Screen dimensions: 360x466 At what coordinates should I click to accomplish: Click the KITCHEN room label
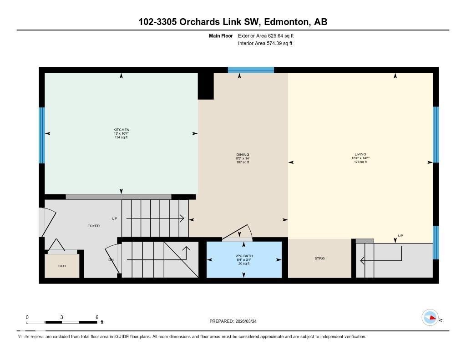121,130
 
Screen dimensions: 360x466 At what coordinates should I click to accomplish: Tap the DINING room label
243,155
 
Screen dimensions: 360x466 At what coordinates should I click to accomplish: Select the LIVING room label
360,154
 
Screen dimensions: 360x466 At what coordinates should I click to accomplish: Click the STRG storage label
319,258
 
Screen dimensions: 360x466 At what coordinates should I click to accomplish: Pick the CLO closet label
62,266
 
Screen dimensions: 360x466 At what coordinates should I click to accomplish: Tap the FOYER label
93,226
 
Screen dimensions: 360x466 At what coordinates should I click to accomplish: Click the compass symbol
430,318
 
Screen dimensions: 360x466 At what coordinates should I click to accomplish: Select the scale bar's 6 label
97,317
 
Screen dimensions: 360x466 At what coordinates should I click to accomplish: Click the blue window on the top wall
251,70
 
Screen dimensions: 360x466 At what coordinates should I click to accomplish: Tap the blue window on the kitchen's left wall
42,135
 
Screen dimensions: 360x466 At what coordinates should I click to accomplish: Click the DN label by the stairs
111,260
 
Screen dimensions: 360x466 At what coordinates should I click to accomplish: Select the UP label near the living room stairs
400,235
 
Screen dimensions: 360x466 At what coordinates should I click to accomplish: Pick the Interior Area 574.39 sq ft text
265,44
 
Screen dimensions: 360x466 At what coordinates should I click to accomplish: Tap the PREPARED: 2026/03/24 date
236,321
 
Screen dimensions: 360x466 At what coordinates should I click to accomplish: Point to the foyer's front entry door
46,222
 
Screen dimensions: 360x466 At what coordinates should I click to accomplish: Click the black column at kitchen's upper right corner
206,85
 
